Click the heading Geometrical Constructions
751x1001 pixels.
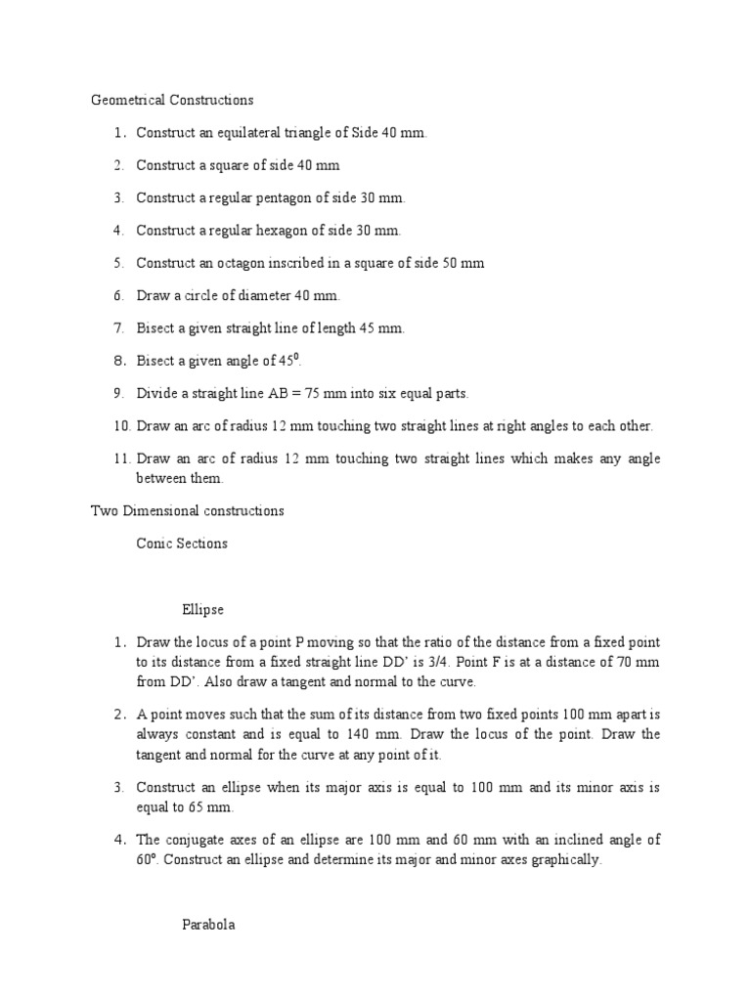[172, 100]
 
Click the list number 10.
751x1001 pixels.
[121, 426]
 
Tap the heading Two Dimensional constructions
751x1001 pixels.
[187, 510]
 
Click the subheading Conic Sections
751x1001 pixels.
[182, 544]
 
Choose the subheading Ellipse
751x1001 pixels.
[202, 610]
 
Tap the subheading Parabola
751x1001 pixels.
[208, 925]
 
